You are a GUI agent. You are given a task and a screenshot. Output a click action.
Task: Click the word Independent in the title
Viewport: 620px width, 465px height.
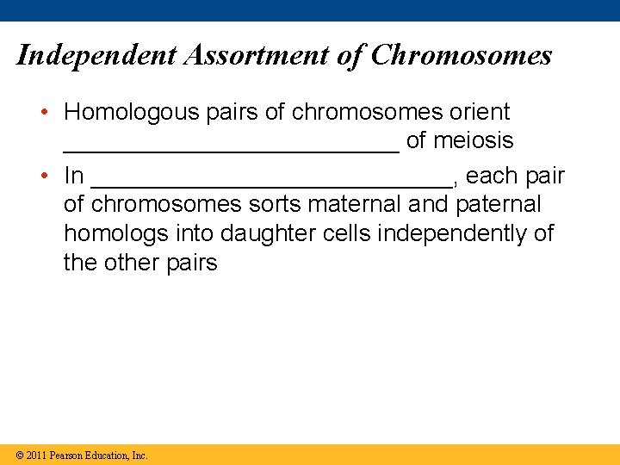pos(95,56)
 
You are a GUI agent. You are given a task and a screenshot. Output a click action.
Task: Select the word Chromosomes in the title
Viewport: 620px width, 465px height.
pos(462,56)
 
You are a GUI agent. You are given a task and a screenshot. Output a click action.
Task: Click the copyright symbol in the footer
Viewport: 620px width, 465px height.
pos(20,455)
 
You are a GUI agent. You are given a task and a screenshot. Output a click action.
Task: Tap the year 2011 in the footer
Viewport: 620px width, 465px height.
pos(36,455)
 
